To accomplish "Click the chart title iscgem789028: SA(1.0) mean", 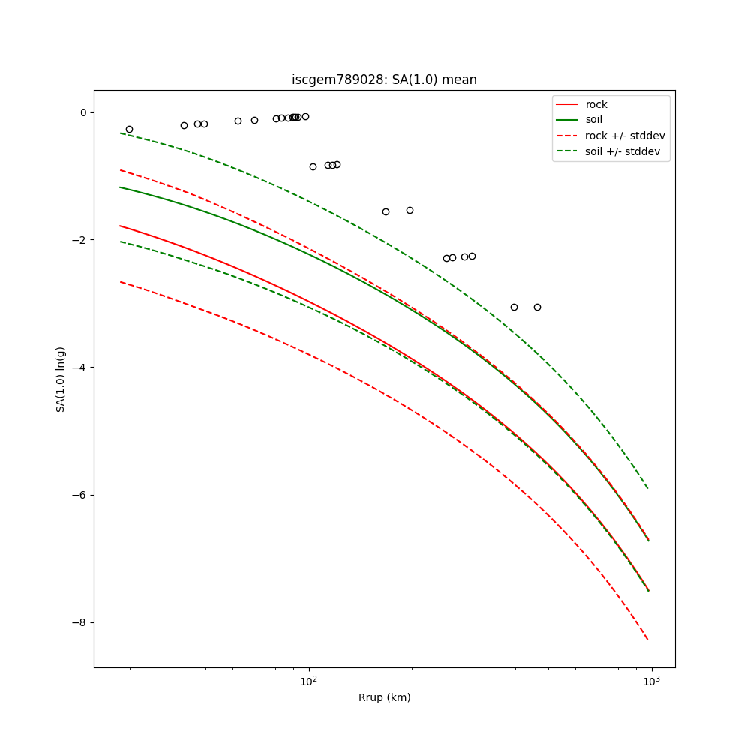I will pyautogui.click(x=384, y=79).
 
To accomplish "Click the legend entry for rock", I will pyautogui.click(x=596, y=104).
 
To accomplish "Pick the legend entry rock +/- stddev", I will pyautogui.click(x=624, y=136).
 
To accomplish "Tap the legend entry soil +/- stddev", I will pyautogui.click(x=624, y=151).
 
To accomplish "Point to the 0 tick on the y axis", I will pyautogui.click(x=83, y=112).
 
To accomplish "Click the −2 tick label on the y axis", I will pyautogui.click(x=79, y=240).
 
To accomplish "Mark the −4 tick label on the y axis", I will pyautogui.click(x=79, y=367).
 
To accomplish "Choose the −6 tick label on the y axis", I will pyautogui.click(x=79, y=495).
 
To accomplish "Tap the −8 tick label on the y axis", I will pyautogui.click(x=79, y=622).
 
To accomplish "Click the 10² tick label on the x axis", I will pyautogui.click(x=309, y=681).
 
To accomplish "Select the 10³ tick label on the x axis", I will pyautogui.click(x=651, y=681).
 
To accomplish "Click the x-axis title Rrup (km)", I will pyautogui.click(x=384, y=697).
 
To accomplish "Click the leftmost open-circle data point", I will pyautogui.click(x=129, y=130).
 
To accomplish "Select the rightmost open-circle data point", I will pyautogui.click(x=537, y=307).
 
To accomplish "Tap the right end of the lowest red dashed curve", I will pyautogui.click(x=648, y=640).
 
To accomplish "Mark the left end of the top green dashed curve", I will pyautogui.click(x=120, y=133).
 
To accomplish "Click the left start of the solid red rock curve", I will pyautogui.click(x=120, y=226).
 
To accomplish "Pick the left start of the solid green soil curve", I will pyautogui.click(x=120, y=187).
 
